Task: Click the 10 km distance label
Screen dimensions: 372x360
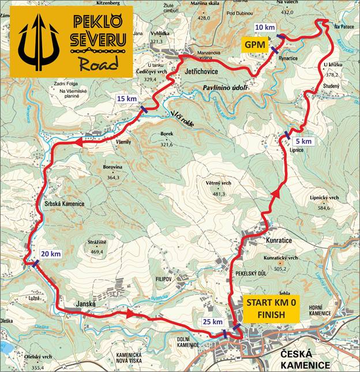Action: pyautogui.click(x=265, y=28)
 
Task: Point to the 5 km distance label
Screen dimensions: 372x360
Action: pyautogui.click(x=303, y=141)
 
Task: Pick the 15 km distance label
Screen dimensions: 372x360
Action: pyautogui.click(x=127, y=99)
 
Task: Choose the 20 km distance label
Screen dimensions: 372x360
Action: pyautogui.click(x=50, y=254)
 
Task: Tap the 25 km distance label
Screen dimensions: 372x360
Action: pyautogui.click(x=213, y=321)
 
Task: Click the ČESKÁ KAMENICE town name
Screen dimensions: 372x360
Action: pyautogui.click(x=305, y=359)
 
